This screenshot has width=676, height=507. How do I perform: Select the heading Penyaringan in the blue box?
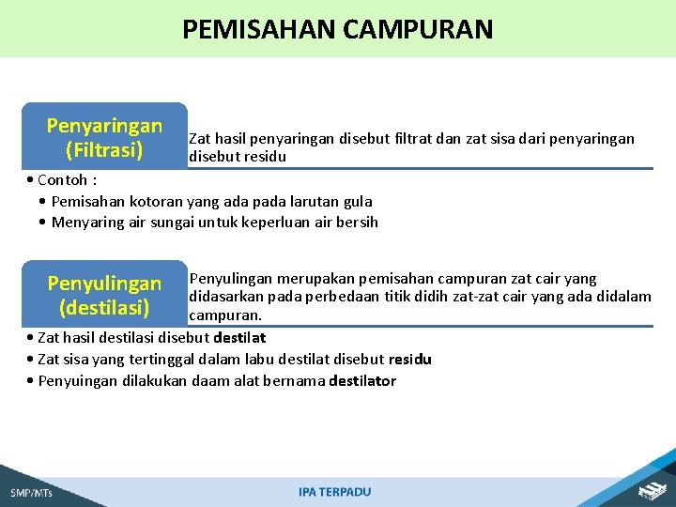coord(104,126)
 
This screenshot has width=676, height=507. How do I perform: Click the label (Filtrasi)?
coord(104,149)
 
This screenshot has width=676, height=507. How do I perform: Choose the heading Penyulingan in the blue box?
coord(104,284)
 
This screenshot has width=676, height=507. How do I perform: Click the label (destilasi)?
coord(104,307)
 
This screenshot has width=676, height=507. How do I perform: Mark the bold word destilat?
coord(239,337)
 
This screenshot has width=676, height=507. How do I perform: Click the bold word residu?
coord(410,360)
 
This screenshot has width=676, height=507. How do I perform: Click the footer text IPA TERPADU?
coord(335,492)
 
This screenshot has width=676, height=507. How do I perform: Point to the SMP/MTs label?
coord(32,492)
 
